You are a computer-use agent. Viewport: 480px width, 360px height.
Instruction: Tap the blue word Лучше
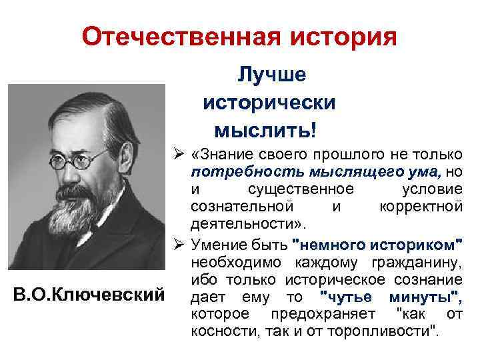click(271, 75)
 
